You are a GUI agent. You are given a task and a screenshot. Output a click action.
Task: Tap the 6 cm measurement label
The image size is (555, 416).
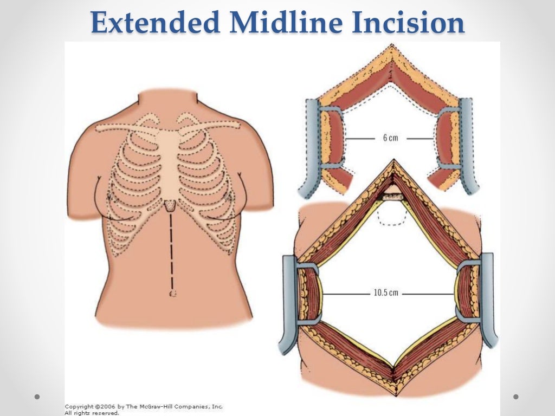tap(390, 138)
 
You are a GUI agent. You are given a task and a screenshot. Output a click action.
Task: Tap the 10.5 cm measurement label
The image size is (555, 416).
tap(386, 293)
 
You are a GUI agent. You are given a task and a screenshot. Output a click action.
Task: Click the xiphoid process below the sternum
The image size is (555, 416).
tap(172, 205)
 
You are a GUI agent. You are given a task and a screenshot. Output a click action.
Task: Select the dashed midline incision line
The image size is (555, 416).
tap(172, 249)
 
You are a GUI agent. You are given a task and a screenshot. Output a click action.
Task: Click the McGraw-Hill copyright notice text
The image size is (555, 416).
tap(144, 409)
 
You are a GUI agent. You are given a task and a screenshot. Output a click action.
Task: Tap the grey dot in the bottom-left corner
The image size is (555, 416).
tap(37, 396)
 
